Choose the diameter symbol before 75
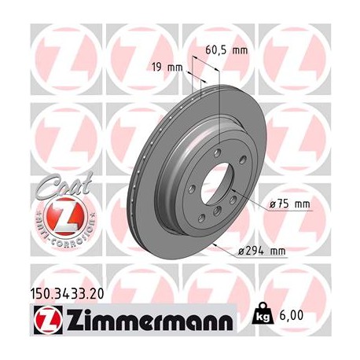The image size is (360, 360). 273,204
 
